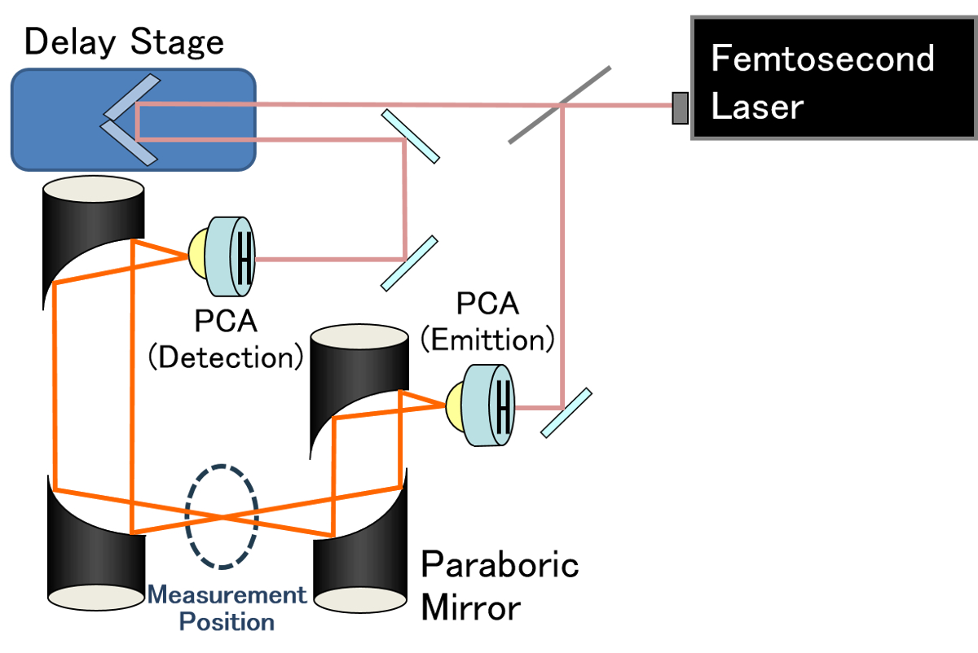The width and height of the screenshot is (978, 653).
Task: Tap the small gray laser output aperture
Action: coord(679,108)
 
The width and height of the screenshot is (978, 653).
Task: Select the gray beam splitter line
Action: coord(560,105)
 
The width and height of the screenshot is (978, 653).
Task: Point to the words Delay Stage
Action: coord(124,42)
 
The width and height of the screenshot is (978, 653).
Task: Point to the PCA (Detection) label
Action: coord(226,339)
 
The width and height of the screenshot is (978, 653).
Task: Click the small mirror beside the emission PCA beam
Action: coord(566,412)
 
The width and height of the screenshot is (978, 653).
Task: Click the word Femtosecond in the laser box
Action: coord(822,59)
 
